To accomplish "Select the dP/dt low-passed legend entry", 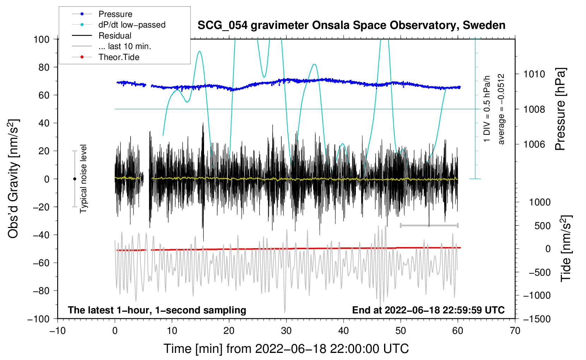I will click(132, 25).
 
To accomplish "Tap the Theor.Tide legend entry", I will click(119, 57).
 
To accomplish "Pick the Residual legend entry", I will click(115, 36).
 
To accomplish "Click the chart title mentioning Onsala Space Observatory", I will click(351, 25).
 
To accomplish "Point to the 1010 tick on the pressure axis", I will click(534, 74).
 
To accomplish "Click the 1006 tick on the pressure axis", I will click(534, 144).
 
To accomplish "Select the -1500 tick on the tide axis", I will click(537, 319).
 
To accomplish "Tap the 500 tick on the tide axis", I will click(542, 226).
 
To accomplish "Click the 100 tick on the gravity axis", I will click(41, 39).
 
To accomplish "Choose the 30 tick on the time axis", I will click(286, 331).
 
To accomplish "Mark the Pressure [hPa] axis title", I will click(560, 109).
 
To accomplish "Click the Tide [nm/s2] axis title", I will click(566, 248).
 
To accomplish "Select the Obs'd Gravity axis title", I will click(13, 179).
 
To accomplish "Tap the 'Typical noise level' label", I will click(83, 179).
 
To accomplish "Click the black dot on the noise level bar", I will click(74, 179).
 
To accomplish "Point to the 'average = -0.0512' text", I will click(501, 109).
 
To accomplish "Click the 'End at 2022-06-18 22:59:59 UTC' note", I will click(428, 310).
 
